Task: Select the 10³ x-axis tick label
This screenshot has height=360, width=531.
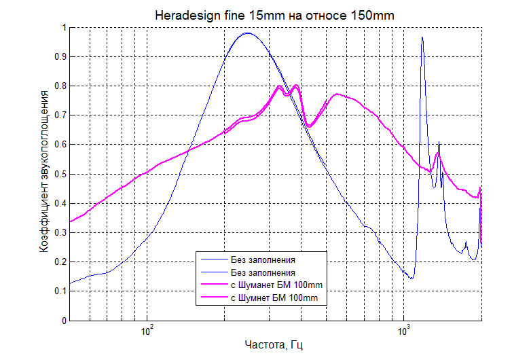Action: (x=405, y=331)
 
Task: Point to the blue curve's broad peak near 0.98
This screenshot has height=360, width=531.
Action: (x=247, y=33)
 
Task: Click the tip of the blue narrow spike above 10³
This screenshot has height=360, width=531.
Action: (x=422, y=37)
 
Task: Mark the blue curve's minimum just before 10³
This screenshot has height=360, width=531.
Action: (x=411, y=278)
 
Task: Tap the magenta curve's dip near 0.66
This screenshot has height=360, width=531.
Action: (x=309, y=126)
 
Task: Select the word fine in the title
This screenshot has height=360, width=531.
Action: (x=240, y=13)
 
